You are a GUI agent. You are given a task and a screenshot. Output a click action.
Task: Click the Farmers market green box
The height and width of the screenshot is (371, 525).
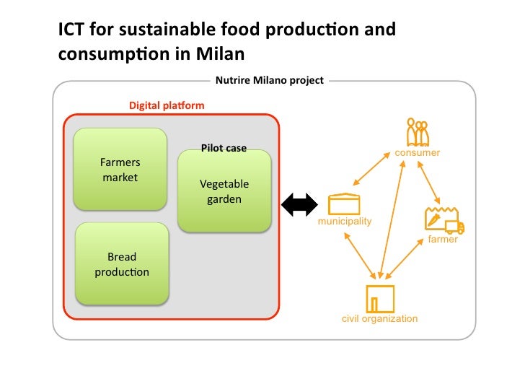pyautogui.click(x=120, y=170)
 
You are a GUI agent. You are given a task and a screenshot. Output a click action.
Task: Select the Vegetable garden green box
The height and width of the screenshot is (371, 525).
pyautogui.click(x=224, y=191)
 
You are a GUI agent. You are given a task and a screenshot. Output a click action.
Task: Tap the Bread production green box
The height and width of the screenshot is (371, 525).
pyautogui.click(x=122, y=263)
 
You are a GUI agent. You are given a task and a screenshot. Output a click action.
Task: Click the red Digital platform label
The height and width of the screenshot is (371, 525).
pyautogui.click(x=167, y=105)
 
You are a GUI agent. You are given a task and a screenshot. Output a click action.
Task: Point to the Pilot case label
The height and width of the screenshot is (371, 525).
pyautogui.click(x=224, y=148)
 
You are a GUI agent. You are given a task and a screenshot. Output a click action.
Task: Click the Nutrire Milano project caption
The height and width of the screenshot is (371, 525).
pyautogui.click(x=270, y=80)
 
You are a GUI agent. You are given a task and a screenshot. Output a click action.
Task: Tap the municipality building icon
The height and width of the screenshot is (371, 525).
pyautogui.click(x=344, y=204)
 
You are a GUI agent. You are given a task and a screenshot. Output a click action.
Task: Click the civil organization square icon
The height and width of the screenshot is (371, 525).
pyautogui.click(x=380, y=299)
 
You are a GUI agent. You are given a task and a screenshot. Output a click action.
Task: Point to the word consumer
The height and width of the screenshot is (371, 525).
pyautogui.click(x=417, y=153)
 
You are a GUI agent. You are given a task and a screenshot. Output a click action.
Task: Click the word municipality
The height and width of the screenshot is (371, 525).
pyautogui.click(x=345, y=221)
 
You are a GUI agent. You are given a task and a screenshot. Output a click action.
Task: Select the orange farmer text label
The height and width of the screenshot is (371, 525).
pyautogui.click(x=443, y=239)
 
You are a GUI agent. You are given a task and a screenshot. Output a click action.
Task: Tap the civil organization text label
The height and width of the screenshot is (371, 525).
pyautogui.click(x=379, y=318)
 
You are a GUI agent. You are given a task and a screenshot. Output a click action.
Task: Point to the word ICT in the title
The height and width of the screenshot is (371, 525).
pyautogui.click(x=71, y=30)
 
